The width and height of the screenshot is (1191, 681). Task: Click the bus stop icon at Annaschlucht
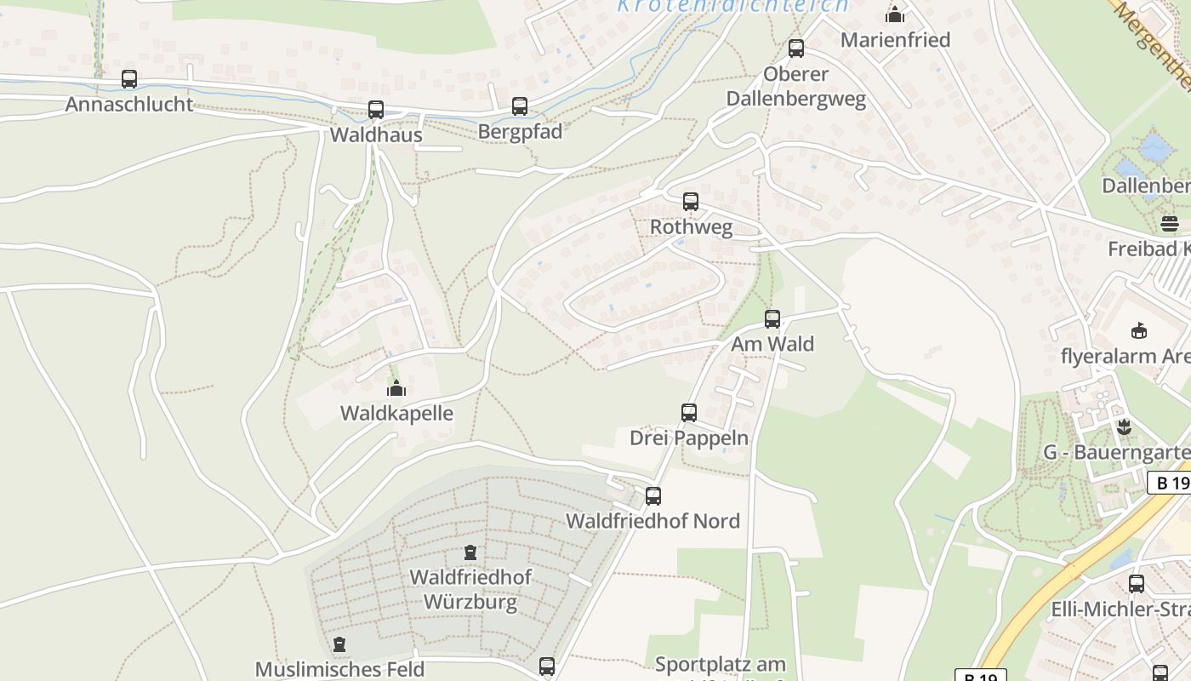pos(129,79)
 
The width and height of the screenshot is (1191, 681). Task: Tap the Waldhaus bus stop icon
pos(376,110)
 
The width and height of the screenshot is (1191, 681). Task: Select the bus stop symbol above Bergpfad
pos(520,106)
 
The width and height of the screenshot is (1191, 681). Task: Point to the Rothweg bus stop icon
pos(691,202)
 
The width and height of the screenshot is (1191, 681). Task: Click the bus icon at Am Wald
pos(772,319)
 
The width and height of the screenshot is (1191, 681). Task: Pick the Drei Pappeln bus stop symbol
pos(689,413)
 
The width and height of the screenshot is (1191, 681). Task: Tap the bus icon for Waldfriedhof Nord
pos(653,496)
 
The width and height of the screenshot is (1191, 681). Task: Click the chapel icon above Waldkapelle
pos(396,389)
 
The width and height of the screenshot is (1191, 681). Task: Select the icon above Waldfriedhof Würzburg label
pos(470,552)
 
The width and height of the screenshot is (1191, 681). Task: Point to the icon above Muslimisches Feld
pos(339,644)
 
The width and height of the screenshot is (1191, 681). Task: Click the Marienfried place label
pos(895,40)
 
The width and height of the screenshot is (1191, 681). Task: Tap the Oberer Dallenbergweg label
pos(795,87)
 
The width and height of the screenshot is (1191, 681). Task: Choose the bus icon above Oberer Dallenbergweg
pos(796,49)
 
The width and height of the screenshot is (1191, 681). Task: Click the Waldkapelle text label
pos(396,414)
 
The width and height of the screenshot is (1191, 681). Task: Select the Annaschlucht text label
pos(129,105)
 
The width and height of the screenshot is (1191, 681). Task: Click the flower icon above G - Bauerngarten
pos(1124,426)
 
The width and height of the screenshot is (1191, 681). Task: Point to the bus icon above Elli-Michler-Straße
pos(1137,584)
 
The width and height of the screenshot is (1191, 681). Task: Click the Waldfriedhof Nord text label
pos(653,521)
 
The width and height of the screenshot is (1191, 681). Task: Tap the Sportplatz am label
pos(721,665)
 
